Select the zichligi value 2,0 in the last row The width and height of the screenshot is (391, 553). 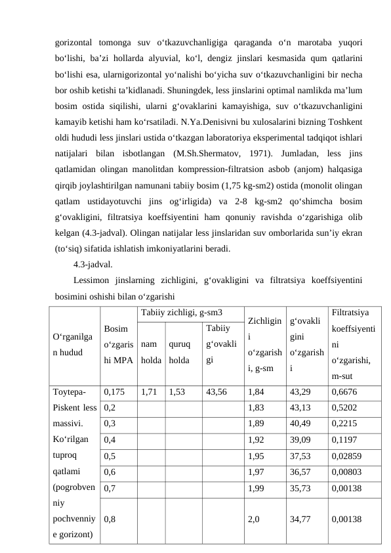(x=255, y=518)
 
